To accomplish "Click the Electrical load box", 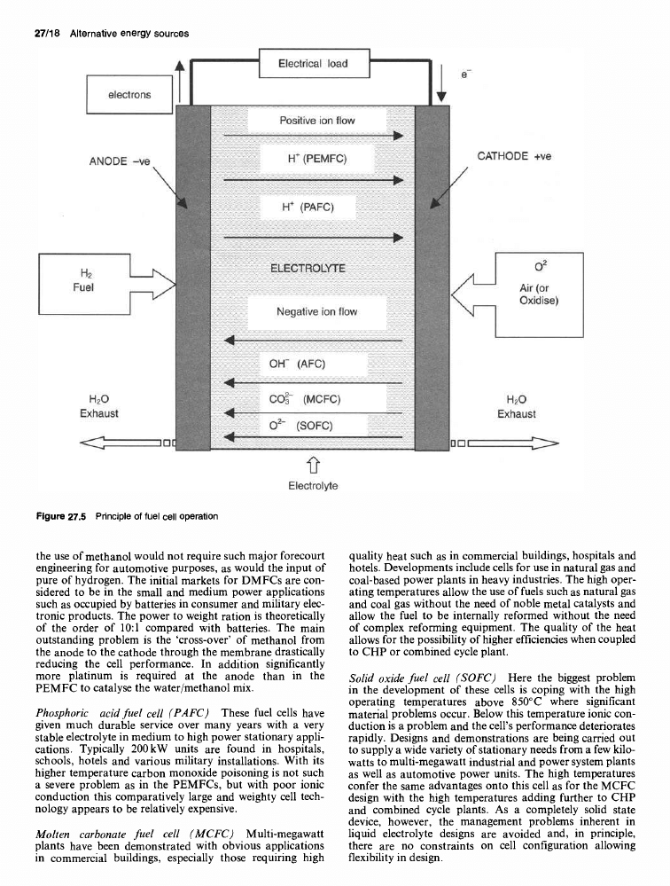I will tap(313, 64).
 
